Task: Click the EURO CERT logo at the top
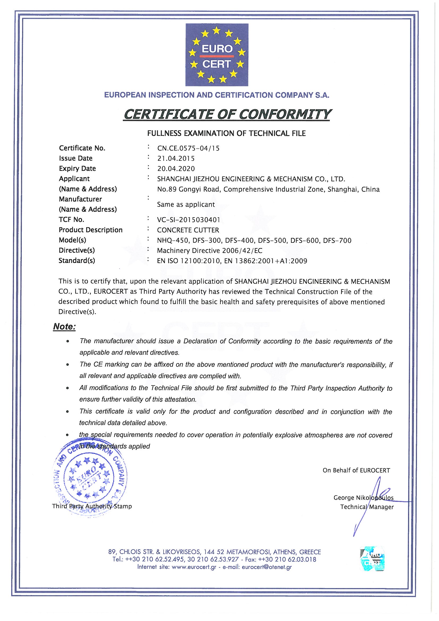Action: pyautogui.click(x=217, y=55)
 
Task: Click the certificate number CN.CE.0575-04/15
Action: pyautogui.click(x=188, y=148)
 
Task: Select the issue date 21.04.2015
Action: pyautogui.click(x=176, y=159)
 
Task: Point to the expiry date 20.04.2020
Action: pyautogui.click(x=176, y=169)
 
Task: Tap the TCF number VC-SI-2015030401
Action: pyautogui.click(x=189, y=220)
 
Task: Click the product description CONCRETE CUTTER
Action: pyautogui.click(x=188, y=230)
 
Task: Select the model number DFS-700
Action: pyautogui.click(x=337, y=240)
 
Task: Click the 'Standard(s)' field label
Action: pyautogui.click(x=77, y=261)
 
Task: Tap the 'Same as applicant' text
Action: pyautogui.click(x=186, y=205)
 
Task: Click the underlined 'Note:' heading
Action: pyautogui.click(x=64, y=327)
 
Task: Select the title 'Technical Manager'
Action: pyautogui.click(x=367, y=507)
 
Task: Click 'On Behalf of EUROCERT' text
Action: pyautogui.click(x=356, y=470)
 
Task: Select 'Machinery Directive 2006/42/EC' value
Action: pyautogui.click(x=210, y=250)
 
